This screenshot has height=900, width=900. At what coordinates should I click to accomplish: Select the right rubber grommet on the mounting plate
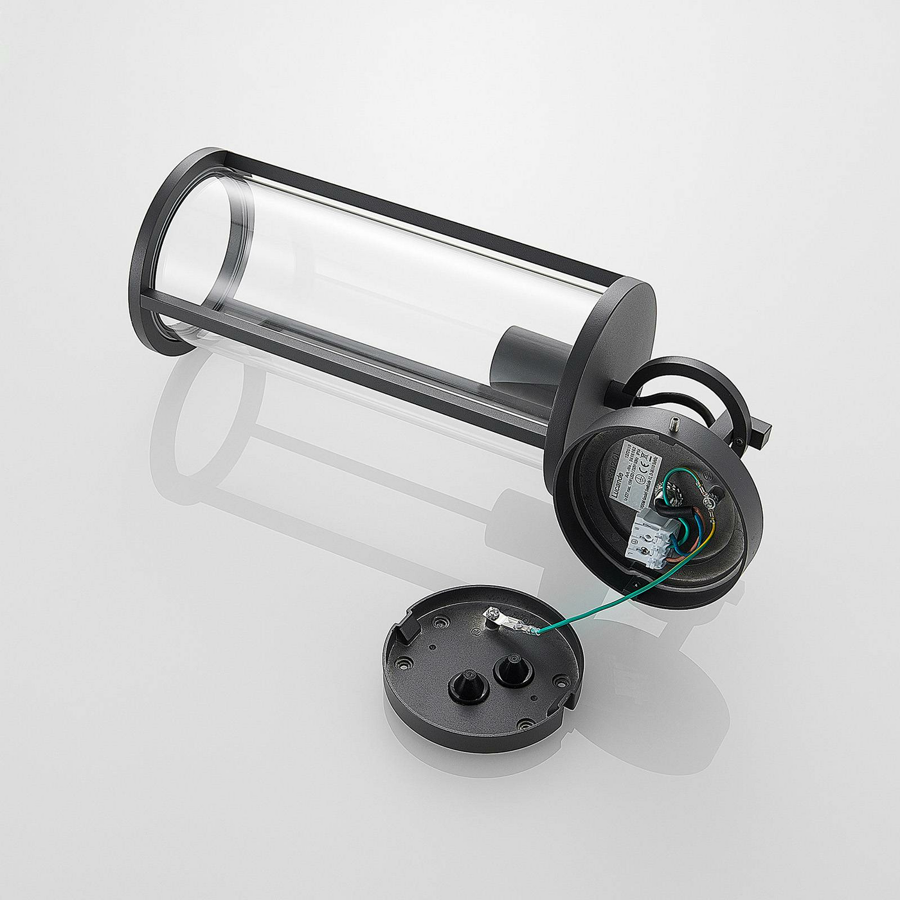507,666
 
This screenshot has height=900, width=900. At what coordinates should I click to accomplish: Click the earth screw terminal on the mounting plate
492,614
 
